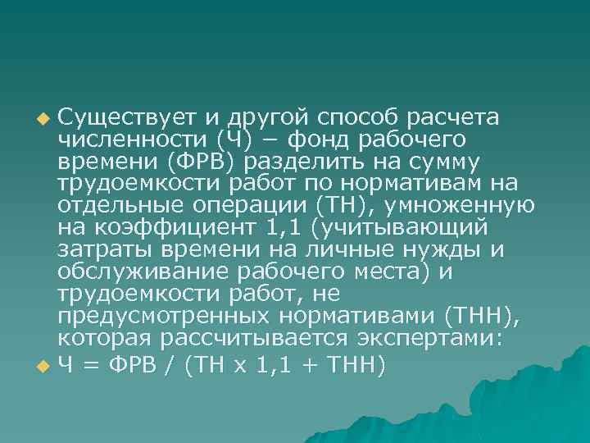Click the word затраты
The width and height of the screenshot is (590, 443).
tap(97, 248)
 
